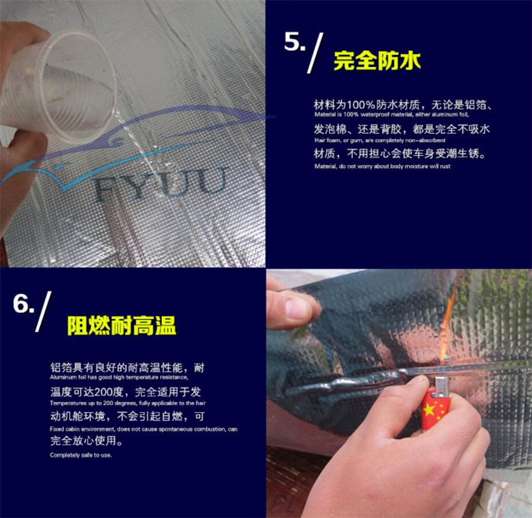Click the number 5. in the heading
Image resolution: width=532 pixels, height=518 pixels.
pyautogui.click(x=294, y=42)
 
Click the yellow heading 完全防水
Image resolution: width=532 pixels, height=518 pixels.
pyautogui.click(x=377, y=61)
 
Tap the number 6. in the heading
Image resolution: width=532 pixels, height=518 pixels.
pyautogui.click(x=24, y=303)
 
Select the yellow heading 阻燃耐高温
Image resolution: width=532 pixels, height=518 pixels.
pyautogui.click(x=122, y=326)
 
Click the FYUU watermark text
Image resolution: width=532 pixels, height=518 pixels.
pyautogui.click(x=160, y=185)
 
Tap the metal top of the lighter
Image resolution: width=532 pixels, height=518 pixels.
pyautogui.click(x=441, y=386)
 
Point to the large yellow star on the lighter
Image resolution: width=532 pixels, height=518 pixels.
pyautogui.click(x=429, y=409)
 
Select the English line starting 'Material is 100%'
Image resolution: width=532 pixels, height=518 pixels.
pyautogui.click(x=391, y=114)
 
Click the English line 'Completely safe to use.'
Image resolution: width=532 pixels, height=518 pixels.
pyautogui.click(x=81, y=455)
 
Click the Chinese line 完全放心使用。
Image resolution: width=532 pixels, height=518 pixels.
pyautogui.click(x=86, y=441)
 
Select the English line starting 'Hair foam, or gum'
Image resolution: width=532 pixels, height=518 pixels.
pyautogui.click(x=379, y=140)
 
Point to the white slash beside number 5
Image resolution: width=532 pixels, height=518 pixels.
pyautogui.click(x=315, y=53)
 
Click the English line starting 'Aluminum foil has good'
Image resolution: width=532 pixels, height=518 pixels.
pyautogui.click(x=119, y=377)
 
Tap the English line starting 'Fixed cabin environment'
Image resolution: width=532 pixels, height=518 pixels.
pyautogui.click(x=144, y=429)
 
